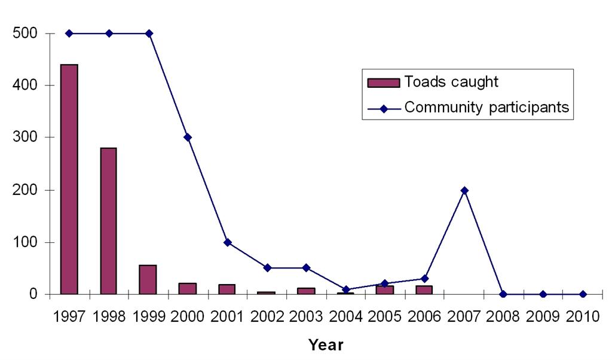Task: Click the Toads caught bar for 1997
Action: pyautogui.click(x=69, y=179)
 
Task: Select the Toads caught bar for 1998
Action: pyautogui.click(x=108, y=221)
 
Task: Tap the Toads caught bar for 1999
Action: pyautogui.click(x=148, y=279)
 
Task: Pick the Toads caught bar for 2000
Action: pyautogui.click(x=187, y=288)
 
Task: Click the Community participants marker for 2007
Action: pyautogui.click(x=464, y=190)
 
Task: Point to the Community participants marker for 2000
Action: pyautogui.click(x=188, y=138)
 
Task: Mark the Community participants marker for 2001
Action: pyautogui.click(x=227, y=242)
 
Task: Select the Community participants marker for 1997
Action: pyautogui.click(x=69, y=33)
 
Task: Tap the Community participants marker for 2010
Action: pyautogui.click(x=583, y=294)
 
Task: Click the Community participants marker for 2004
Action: pyautogui.click(x=346, y=289)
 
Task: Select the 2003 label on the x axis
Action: pyautogui.click(x=306, y=317)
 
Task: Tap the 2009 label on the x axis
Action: pyautogui.click(x=543, y=317)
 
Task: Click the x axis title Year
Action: pyautogui.click(x=326, y=345)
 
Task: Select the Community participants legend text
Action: pyautogui.click(x=486, y=108)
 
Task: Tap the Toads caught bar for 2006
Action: pyautogui.click(x=424, y=290)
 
